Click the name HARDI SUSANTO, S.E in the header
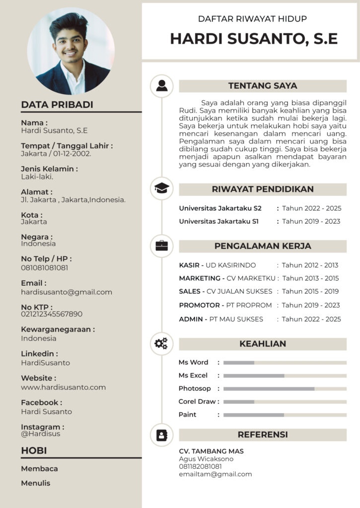coord(254,39)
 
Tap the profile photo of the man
coord(71,51)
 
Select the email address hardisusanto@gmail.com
coord(67,292)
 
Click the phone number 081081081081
coord(45,268)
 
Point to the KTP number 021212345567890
coord(52,314)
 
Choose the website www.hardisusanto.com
coord(63,387)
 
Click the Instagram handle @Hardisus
coord(40,434)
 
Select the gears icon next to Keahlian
coord(161,343)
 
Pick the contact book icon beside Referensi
coord(161,435)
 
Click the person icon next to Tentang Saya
coord(161,86)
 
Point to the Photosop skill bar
coord(285,389)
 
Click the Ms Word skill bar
coord(285,363)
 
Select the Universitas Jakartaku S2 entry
coord(220,208)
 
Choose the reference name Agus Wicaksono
coord(206,459)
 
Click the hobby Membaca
coord(39,469)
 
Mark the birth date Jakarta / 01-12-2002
coord(56,154)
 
